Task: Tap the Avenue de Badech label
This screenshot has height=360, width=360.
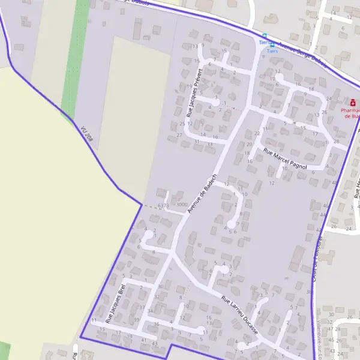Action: [201, 197]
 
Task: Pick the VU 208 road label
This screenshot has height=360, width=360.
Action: [86, 134]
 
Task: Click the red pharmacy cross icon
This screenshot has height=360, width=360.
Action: [353, 102]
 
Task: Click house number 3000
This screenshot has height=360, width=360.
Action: [181, 205]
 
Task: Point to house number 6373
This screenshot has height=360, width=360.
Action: [163, 206]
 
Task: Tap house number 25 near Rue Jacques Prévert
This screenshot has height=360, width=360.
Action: [182, 124]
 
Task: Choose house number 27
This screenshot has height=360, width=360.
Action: [179, 135]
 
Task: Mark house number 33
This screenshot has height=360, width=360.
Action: [209, 145]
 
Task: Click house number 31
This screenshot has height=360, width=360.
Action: [197, 142]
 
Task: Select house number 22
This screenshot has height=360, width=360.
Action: [257, 133]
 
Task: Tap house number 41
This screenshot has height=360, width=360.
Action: [143, 340]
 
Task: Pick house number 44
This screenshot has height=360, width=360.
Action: [324, 214]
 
